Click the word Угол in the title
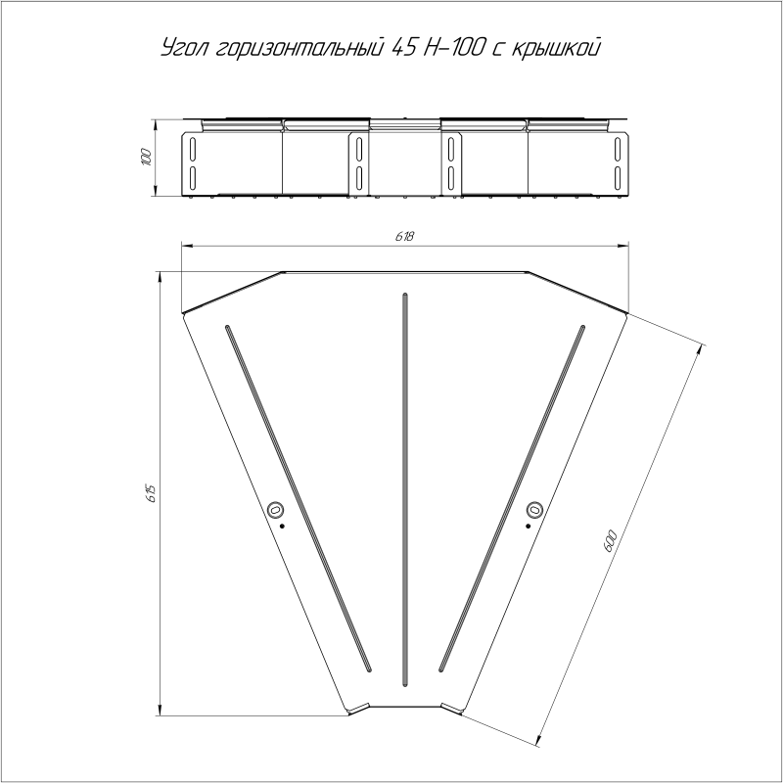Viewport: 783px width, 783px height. coord(185,48)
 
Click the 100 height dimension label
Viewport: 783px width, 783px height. coord(146,157)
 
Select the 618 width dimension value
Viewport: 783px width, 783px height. coord(404,236)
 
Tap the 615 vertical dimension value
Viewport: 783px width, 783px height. coord(152,493)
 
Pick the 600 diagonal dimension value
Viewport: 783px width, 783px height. coord(611,542)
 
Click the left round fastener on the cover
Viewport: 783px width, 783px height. coord(275,510)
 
